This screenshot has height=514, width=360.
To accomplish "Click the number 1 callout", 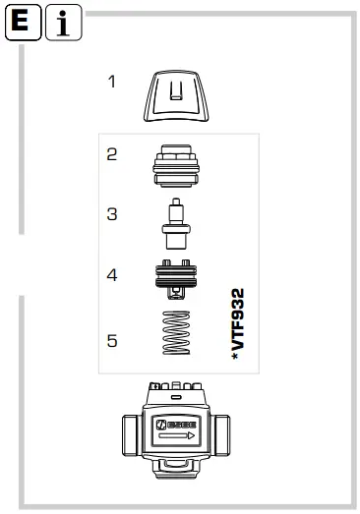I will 111,82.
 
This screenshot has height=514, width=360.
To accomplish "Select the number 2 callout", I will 111,153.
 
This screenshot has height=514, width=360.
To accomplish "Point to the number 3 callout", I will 111,213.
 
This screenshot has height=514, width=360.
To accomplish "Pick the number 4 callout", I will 111,276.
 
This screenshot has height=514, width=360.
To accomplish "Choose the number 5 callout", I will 111,341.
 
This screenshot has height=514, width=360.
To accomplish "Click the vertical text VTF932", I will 236,324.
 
